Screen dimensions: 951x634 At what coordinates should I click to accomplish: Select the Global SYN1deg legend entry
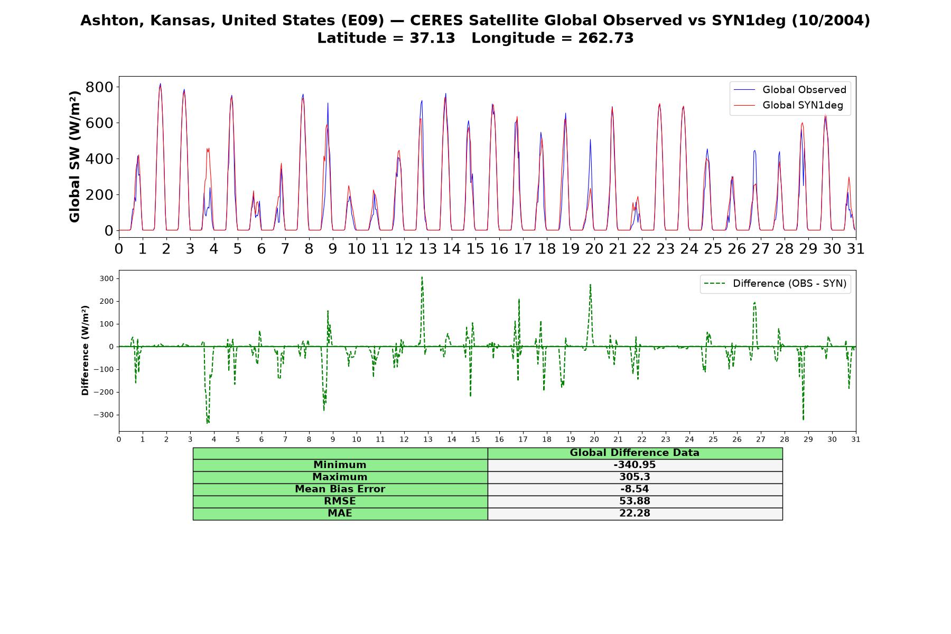pos(789,105)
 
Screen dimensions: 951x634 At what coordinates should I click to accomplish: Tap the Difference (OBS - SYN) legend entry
pos(775,284)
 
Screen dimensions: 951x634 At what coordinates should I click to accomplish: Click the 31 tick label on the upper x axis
pos(856,249)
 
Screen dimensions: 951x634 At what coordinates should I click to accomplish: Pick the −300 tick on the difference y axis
pos(104,415)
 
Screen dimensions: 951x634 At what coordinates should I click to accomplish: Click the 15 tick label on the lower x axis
pos(475,439)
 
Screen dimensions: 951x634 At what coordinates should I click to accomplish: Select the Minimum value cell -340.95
pos(635,465)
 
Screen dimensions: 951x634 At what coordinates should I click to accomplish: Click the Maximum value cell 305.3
pos(635,477)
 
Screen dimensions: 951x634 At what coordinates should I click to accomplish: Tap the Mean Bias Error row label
pos(340,489)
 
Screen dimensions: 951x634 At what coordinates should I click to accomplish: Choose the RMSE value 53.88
pos(635,501)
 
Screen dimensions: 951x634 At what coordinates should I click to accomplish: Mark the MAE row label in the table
pos(340,514)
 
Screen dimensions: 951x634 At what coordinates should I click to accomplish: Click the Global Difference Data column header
pos(635,453)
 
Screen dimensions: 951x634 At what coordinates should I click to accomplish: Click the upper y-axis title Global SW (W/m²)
pos(74,156)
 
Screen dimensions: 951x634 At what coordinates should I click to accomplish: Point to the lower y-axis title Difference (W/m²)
pos(85,350)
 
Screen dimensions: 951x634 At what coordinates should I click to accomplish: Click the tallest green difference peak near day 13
pos(422,277)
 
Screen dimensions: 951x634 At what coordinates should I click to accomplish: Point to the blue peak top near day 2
pos(160,83)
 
